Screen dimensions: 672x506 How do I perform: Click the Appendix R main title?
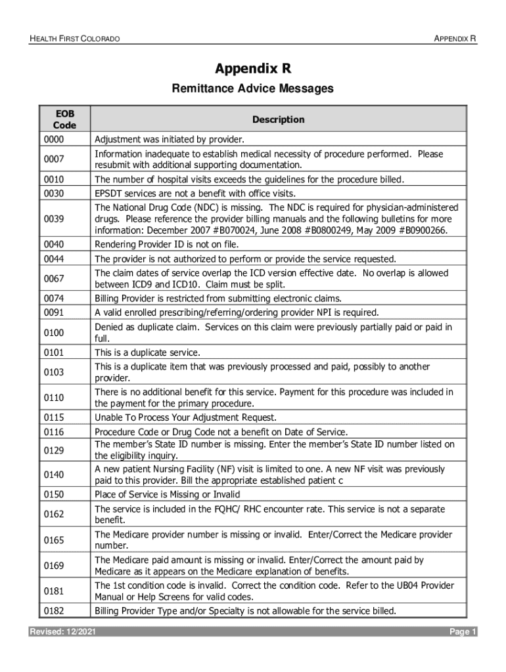point(253,69)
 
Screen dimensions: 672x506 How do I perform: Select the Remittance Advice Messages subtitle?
point(253,89)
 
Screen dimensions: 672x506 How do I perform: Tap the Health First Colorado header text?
point(74,39)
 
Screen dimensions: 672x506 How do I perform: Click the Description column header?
point(278,119)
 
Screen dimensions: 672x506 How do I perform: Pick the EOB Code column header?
point(65,119)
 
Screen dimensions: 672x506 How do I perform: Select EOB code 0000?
point(54,140)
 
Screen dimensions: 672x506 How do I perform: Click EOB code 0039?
point(54,218)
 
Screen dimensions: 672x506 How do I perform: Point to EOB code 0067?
point(54,278)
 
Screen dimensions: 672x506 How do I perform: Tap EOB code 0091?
point(54,312)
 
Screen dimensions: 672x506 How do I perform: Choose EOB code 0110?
point(54,398)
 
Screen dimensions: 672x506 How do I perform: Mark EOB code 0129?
point(54,450)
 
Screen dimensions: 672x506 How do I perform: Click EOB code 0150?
point(54,494)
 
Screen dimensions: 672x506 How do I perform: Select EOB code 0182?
point(54,611)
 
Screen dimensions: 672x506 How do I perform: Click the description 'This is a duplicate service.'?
point(147,352)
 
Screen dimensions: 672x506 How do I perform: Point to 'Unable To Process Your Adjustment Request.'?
point(186,417)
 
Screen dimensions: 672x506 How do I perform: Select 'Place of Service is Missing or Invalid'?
point(168,494)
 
